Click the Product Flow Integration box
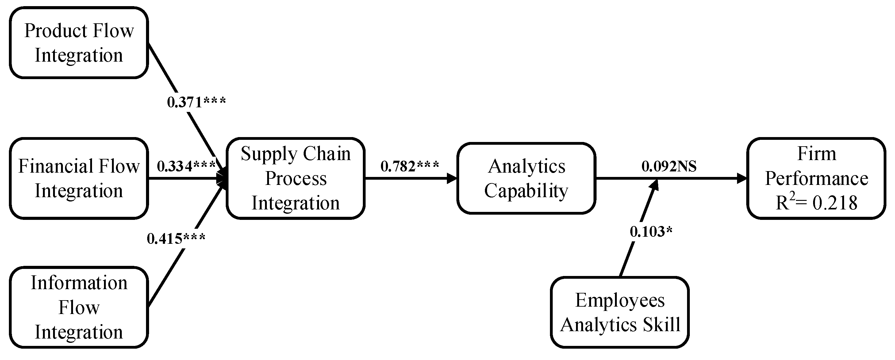click(79, 43)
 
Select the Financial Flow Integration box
click(79, 178)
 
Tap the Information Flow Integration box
click(79, 307)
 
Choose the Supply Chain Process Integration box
click(296, 178)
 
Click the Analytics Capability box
click(526, 178)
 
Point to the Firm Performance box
click(816, 178)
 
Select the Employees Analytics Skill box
click(620, 312)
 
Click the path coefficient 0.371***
click(197, 102)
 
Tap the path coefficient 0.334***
click(186, 166)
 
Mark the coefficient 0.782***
click(410, 166)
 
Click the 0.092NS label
click(669, 166)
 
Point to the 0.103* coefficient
click(651, 232)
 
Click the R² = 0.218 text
click(816, 203)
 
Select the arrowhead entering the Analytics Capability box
click(452, 178)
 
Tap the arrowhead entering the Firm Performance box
click(742, 178)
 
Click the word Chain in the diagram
click(327, 154)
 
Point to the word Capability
click(526, 191)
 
